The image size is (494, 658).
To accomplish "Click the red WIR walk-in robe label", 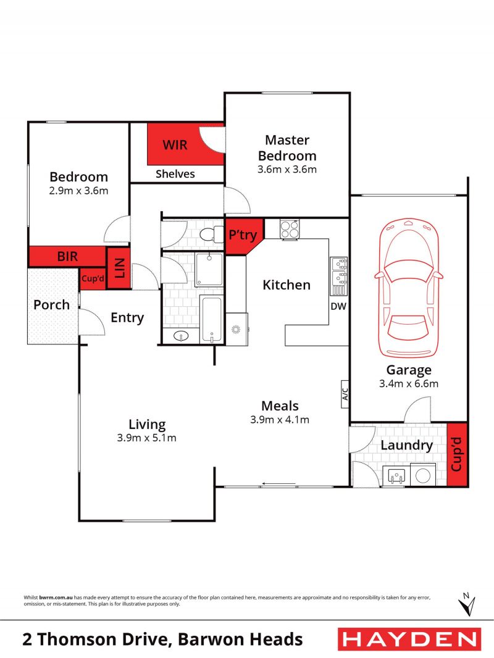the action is click(x=175, y=145).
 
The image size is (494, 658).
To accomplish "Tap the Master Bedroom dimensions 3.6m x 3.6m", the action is click(x=287, y=170).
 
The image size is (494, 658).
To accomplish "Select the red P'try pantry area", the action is click(x=243, y=235).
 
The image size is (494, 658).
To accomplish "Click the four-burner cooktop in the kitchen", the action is click(x=289, y=230).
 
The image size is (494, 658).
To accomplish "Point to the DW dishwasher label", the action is click(x=338, y=306).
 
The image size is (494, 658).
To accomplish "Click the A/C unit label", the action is click(x=345, y=394).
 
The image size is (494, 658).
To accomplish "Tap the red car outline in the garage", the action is click(x=408, y=288).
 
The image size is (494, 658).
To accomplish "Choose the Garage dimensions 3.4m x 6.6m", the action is click(x=409, y=383).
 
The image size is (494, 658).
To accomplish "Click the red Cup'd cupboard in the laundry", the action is click(x=457, y=454).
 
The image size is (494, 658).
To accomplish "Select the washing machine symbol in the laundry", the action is click(x=422, y=475).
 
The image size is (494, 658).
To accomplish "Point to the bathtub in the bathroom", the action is click(x=211, y=319).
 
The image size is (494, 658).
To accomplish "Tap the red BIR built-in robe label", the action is click(x=67, y=256).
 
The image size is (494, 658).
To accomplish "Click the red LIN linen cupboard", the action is click(x=119, y=268).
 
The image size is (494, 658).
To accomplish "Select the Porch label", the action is click(x=52, y=305).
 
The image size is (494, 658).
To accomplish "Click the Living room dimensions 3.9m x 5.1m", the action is click(x=146, y=438).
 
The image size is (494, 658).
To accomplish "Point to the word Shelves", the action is click(x=175, y=173).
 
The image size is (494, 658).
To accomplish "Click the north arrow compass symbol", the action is click(x=467, y=604).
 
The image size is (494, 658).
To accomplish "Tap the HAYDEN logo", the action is click(x=409, y=639).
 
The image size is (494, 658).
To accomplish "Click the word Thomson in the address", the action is click(x=77, y=639).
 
